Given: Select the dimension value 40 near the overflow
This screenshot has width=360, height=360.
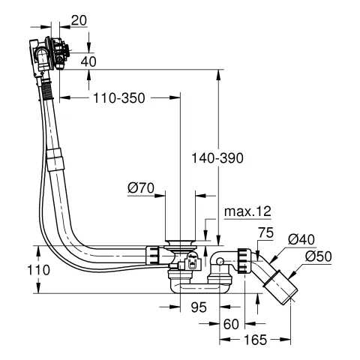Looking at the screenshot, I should pyautogui.click(x=88, y=61).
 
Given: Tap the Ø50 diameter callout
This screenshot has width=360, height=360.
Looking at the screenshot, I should pyautogui.click(x=318, y=256).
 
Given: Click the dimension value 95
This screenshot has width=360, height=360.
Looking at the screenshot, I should pyautogui.click(x=197, y=307).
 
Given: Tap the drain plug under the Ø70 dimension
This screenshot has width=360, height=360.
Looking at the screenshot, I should pyautogui.click(x=180, y=242).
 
